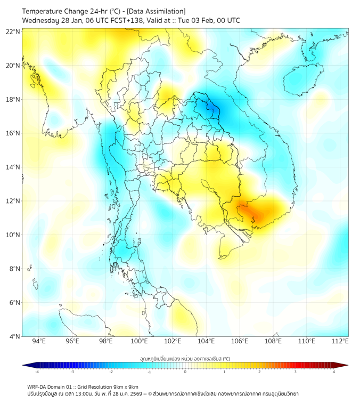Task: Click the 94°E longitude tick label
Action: point(39,341)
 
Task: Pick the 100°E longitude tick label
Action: point(139,341)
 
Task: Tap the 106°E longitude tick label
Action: point(240,341)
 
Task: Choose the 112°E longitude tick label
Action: point(340,341)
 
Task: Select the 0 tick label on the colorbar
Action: point(185,372)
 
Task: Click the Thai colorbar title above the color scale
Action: point(185,358)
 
